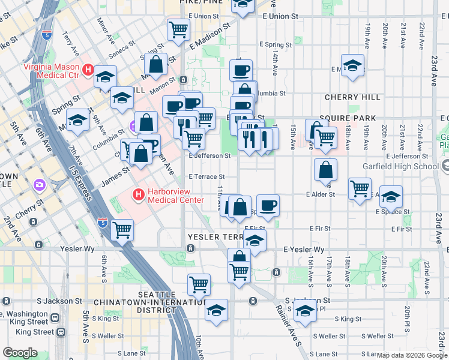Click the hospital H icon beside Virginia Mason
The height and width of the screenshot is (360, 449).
point(88,71)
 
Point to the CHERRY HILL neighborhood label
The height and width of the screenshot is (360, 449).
point(352,97)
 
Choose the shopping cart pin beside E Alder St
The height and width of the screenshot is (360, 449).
point(360,188)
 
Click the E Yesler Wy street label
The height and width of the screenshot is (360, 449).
point(304,249)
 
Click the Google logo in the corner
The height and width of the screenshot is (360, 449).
point(20,353)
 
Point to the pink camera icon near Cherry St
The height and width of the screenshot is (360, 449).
point(40,184)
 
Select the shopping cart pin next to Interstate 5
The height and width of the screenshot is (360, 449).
point(122,229)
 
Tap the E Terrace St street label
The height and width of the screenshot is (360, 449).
point(206,177)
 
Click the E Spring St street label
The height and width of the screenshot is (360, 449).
point(276,44)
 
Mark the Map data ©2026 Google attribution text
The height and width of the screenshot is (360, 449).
point(412,355)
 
